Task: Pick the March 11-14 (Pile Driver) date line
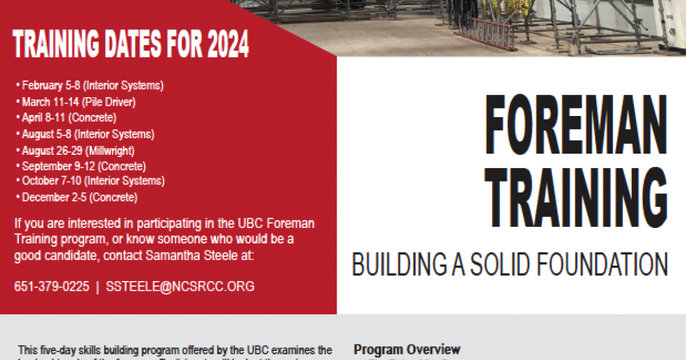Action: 78,102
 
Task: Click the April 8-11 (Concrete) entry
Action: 69,118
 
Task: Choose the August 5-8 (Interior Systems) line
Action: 87,135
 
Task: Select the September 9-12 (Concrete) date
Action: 83,167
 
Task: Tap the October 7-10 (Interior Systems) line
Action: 93,181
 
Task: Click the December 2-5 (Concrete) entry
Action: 79,198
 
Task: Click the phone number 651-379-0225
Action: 51,286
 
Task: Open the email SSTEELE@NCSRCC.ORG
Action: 180,286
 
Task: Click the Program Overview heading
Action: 407,349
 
